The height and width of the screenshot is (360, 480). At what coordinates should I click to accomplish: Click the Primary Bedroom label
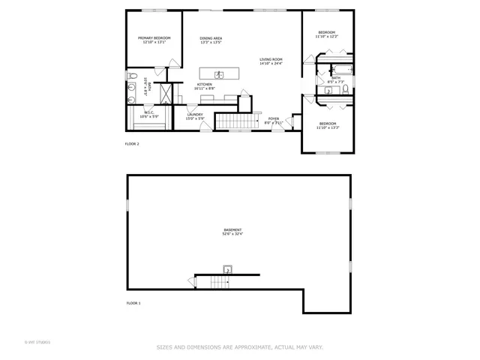click(154, 38)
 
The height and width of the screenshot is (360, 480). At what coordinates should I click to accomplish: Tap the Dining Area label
click(211, 38)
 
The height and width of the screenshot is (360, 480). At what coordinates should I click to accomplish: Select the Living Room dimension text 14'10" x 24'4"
click(271, 64)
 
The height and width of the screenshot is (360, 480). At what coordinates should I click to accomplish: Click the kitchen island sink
click(219, 73)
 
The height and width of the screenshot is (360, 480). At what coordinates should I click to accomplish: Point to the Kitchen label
click(205, 85)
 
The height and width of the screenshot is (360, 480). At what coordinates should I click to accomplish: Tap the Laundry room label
click(195, 114)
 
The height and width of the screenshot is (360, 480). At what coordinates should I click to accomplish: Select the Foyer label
click(274, 118)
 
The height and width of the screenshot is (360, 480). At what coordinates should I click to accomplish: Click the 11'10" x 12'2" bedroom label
click(327, 32)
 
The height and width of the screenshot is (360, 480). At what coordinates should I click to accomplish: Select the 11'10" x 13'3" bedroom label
click(328, 124)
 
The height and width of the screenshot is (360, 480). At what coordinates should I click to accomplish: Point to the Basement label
click(232, 229)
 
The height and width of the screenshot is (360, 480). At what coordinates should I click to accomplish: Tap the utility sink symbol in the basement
click(227, 270)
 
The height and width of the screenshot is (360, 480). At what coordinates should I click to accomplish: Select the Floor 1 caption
click(132, 303)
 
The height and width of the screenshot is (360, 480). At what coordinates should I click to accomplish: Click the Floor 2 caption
click(132, 143)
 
